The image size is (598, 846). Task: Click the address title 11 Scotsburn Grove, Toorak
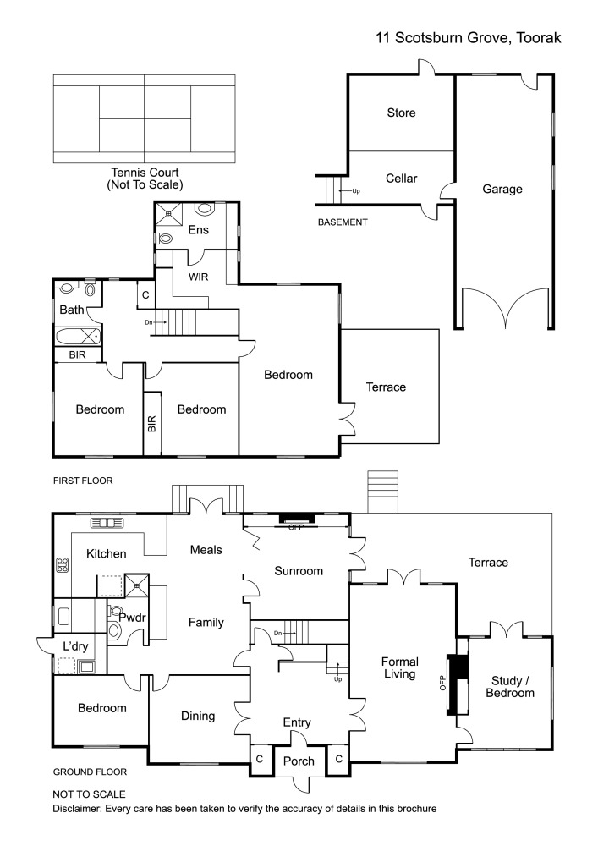click(x=469, y=38)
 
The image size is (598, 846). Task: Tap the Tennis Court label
click(x=145, y=178)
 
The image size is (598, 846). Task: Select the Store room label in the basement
click(x=401, y=113)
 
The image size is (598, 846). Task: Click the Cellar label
click(x=401, y=179)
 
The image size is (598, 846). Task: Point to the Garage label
click(x=502, y=190)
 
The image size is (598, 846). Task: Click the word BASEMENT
click(x=343, y=222)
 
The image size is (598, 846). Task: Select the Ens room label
click(x=198, y=229)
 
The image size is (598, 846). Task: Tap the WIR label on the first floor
click(x=199, y=277)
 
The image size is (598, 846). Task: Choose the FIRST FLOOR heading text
click(x=83, y=481)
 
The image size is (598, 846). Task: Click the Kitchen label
click(x=107, y=554)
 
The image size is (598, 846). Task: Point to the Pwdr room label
click(x=133, y=618)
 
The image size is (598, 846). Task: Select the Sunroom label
click(x=299, y=571)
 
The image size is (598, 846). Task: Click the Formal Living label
click(x=399, y=667)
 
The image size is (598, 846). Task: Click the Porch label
click(x=299, y=761)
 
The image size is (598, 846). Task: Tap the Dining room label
click(x=198, y=716)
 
